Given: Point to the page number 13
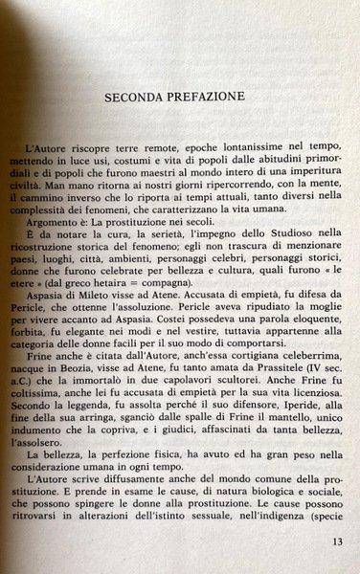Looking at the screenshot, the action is coord(337,541).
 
